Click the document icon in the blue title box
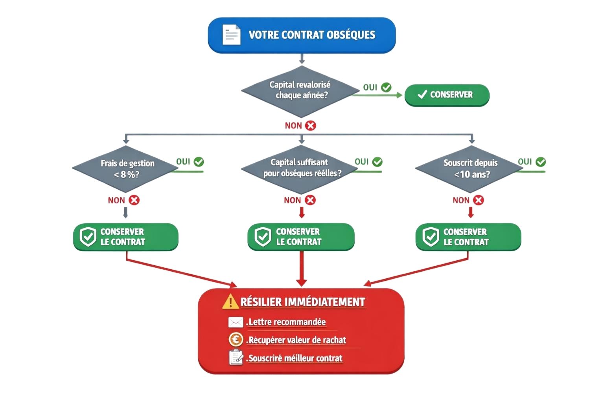[231, 35]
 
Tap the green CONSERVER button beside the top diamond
[447, 95]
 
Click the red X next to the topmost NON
[311, 126]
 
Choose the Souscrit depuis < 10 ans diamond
[470, 169]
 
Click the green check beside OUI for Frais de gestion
[199, 162]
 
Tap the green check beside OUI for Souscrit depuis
[541, 162]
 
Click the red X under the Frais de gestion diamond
[134, 200]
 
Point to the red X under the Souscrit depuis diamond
[479, 200]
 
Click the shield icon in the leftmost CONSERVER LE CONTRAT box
[88, 237]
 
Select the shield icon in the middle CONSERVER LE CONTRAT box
[263, 237]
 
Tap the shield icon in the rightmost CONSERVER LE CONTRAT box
[431, 237]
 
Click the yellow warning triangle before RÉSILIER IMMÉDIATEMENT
[230, 301]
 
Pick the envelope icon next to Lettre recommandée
[236, 322]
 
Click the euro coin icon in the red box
[236, 340]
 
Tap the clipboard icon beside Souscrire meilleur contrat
[236, 358]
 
